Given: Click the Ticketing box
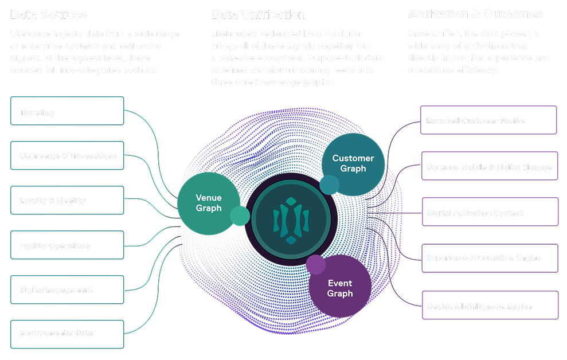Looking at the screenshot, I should pyautogui.click(x=67, y=111).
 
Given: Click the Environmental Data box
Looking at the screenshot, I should pyautogui.click(x=67, y=333).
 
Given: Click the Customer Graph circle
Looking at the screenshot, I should pyautogui.click(x=353, y=163).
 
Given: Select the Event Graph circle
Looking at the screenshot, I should pyautogui.click(x=340, y=288).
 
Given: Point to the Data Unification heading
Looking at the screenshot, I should pyautogui.click(x=258, y=14).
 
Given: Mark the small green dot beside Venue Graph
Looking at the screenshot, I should pyautogui.click(x=240, y=216).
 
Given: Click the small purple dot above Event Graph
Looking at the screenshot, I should pyautogui.click(x=315, y=265).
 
